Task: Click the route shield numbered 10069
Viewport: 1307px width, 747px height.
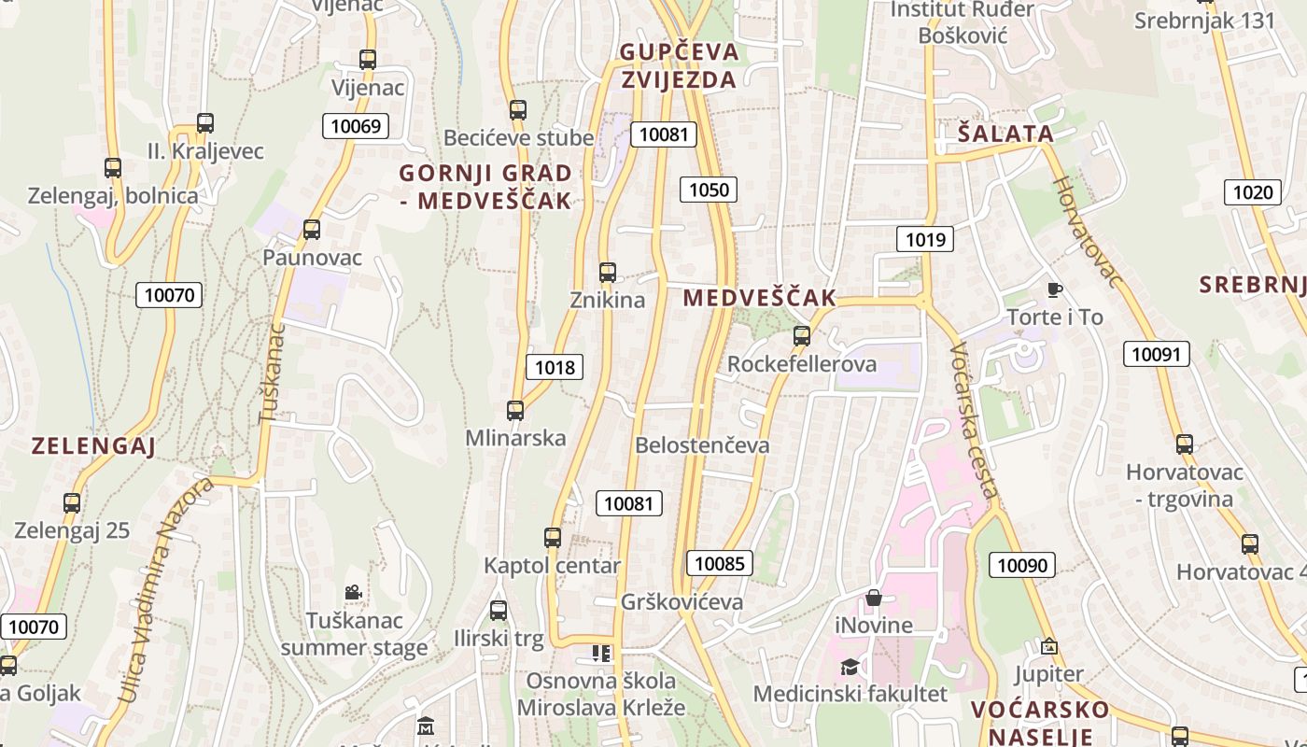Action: [x=356, y=126]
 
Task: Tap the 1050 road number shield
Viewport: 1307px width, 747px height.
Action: [x=709, y=190]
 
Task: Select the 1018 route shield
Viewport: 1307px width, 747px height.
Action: [x=555, y=367]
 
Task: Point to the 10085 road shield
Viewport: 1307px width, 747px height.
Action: [x=720, y=563]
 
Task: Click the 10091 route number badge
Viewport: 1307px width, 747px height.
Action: [x=1156, y=354]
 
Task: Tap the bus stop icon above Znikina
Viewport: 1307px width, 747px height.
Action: [x=608, y=273]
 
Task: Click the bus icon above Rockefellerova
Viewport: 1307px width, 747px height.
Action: [x=801, y=336]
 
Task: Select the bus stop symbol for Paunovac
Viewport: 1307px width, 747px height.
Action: [x=312, y=229]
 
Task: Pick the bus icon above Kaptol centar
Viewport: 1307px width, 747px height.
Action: [x=553, y=538]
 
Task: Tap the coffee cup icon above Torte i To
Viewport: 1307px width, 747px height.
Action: [x=1055, y=289]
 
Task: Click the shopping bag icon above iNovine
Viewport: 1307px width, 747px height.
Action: [x=874, y=598]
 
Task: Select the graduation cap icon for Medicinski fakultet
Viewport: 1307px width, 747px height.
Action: [x=850, y=667]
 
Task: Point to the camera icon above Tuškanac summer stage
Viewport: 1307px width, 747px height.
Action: [x=353, y=592]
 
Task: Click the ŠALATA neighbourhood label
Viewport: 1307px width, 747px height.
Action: [x=1005, y=134]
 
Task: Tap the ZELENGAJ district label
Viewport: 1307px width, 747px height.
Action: [x=93, y=445]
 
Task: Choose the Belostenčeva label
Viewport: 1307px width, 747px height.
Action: [x=702, y=445]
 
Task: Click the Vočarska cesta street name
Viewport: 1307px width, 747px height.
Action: [x=976, y=420]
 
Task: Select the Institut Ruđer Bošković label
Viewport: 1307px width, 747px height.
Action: [x=963, y=22]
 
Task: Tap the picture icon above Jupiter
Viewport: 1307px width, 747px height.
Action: [x=1049, y=646]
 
